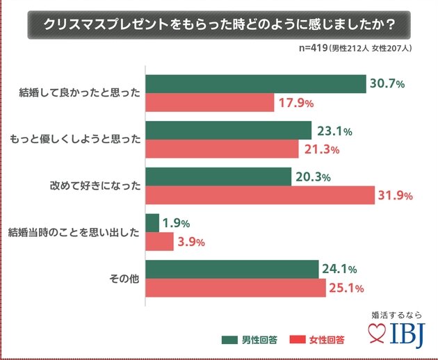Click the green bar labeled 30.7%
tap(256, 84)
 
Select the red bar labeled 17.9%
tap(210, 102)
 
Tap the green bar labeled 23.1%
tap(229, 131)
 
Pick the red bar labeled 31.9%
tap(260, 195)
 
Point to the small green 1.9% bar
tap(152, 223)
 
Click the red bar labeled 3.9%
tap(159, 242)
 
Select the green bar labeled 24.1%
tap(232, 269)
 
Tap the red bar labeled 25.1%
tap(236, 288)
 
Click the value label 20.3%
tap(313, 177)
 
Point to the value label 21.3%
tap(322, 149)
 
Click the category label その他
tap(124, 279)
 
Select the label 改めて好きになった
tap(95, 186)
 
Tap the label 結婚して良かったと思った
tap(80, 92)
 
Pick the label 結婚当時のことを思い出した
tap(74, 232)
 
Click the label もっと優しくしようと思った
tap(75, 139)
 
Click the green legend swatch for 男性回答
tap(229, 340)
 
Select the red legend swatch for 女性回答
tap(298, 340)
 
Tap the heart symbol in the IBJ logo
tap(377, 333)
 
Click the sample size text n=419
tap(313, 48)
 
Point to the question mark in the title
tap(391, 24)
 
